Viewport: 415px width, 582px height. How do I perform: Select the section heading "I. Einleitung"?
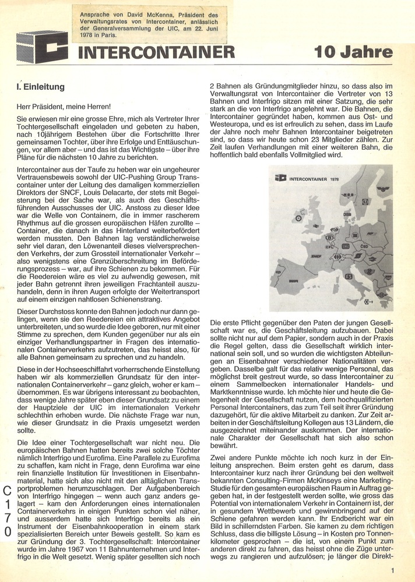tap(40, 87)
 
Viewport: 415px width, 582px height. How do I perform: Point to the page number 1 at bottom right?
tap(394, 571)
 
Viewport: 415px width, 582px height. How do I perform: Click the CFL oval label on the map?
tap(329, 245)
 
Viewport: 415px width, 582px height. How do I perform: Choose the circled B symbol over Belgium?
tap(329, 237)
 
